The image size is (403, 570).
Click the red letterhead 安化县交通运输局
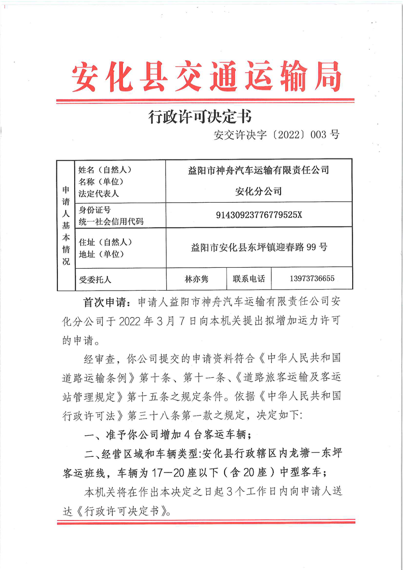coord(206,76)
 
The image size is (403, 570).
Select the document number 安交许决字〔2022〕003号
coord(277,135)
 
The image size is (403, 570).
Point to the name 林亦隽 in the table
coord(196,279)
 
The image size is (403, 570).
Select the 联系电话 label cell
coord(249,279)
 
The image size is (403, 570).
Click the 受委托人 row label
coord(95,279)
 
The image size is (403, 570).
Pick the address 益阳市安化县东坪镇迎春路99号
coord(259,247)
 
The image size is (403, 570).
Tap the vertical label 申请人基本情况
coord(66,225)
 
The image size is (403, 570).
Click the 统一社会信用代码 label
coord(111,221)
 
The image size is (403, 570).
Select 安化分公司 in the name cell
coord(259,192)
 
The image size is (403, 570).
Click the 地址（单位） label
coord(102,254)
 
